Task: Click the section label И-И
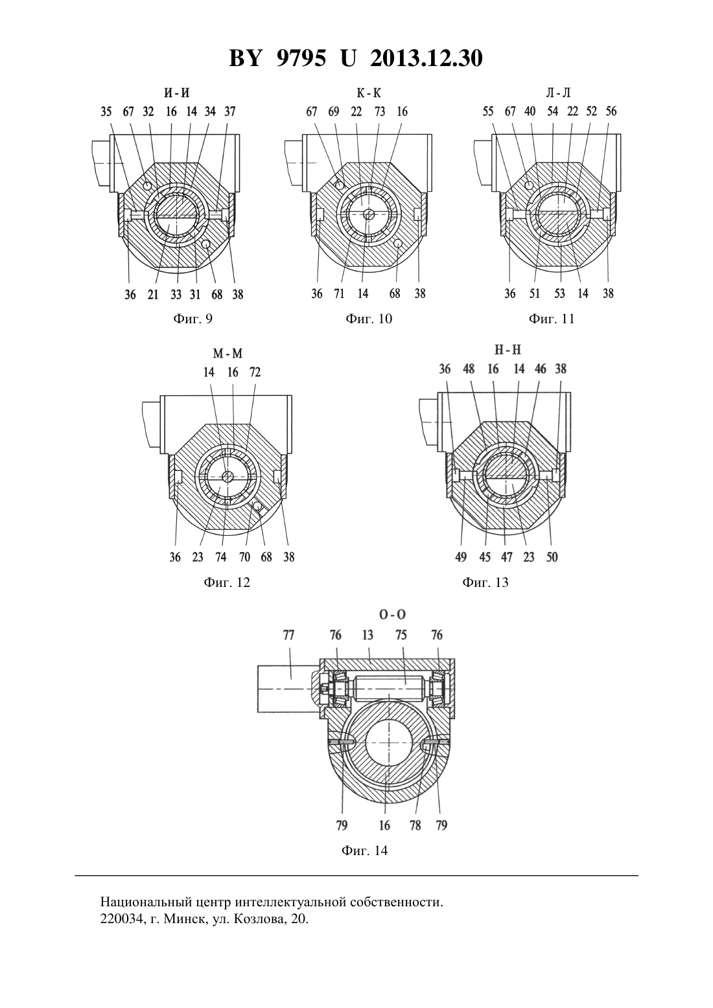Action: pyautogui.click(x=177, y=93)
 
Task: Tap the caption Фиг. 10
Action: pyautogui.click(x=369, y=319)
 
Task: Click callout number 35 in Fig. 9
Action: pyautogui.click(x=106, y=111)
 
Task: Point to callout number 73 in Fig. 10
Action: pyautogui.click(x=380, y=111)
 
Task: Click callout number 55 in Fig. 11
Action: pyautogui.click(x=488, y=111)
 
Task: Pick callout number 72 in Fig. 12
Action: pyautogui.click(x=255, y=372)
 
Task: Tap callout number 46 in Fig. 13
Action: pyautogui.click(x=540, y=369)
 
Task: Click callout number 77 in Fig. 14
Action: pyautogui.click(x=288, y=635)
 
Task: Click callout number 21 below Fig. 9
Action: pyautogui.click(x=153, y=294)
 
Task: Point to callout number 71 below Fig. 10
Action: pyautogui.click(x=339, y=293)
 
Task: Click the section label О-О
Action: pyautogui.click(x=393, y=614)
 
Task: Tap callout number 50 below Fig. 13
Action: pyautogui.click(x=552, y=557)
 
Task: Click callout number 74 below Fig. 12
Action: pyautogui.click(x=220, y=557)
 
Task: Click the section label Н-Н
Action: pyautogui.click(x=508, y=350)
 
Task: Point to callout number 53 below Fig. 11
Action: pyautogui.click(x=559, y=293)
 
